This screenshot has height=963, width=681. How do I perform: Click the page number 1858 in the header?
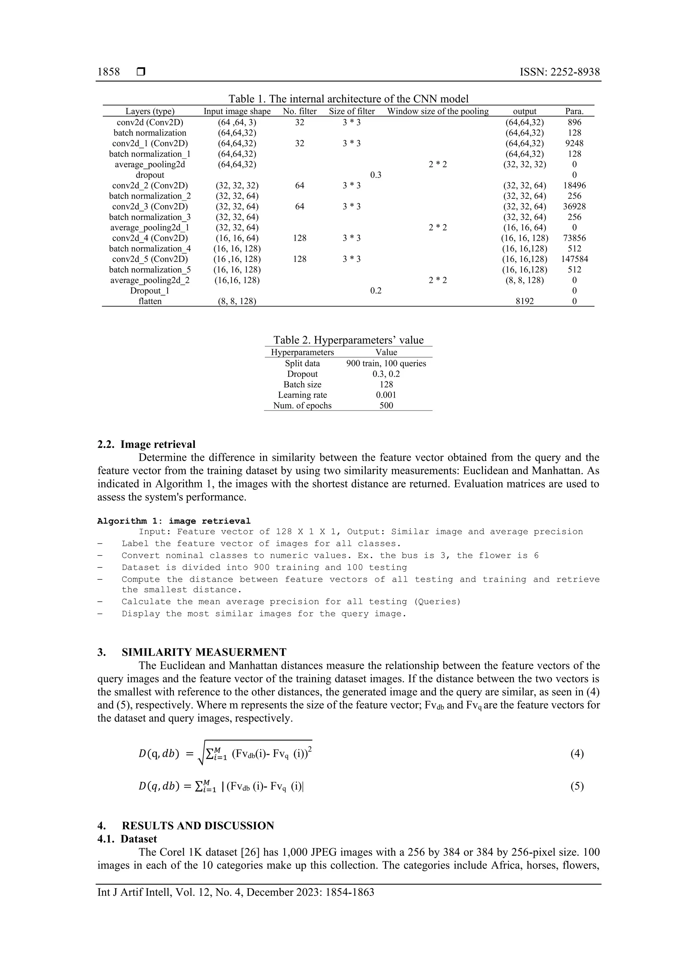pyautogui.click(x=108, y=72)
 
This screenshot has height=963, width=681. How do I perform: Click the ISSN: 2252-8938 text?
pyautogui.click(x=559, y=72)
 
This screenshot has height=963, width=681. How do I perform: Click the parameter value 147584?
pyautogui.click(x=574, y=259)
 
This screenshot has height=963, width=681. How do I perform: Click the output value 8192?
pyautogui.click(x=524, y=301)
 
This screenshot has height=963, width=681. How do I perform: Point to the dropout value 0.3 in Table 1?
pyautogui.click(x=375, y=175)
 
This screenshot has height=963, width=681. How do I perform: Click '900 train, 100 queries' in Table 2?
pyautogui.click(x=386, y=364)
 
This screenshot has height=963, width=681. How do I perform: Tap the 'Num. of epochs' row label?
pyautogui.click(x=302, y=406)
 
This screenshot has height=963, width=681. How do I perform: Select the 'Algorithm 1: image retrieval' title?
pyautogui.click(x=174, y=521)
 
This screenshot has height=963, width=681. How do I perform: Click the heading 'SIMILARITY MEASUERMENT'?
pyautogui.click(x=204, y=652)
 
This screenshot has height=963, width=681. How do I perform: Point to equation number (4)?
pyautogui.click(x=577, y=754)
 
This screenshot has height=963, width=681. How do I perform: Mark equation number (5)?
pyautogui.click(x=577, y=786)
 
